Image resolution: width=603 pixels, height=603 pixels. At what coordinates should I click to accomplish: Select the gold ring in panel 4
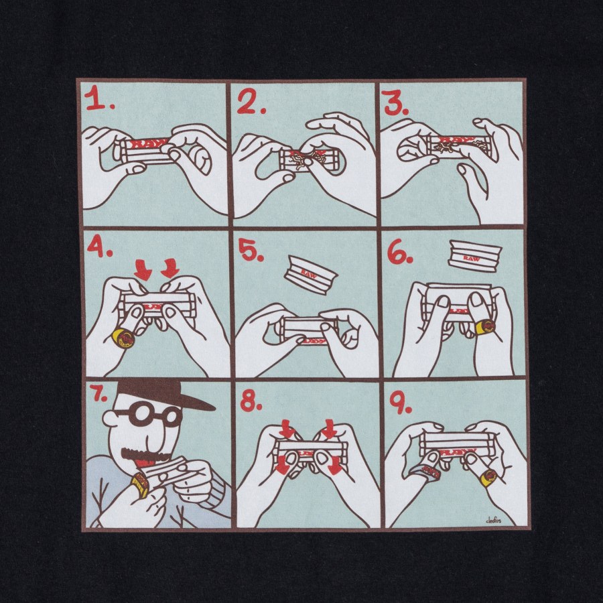[122, 338]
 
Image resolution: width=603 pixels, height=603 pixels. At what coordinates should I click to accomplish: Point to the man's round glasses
[147, 415]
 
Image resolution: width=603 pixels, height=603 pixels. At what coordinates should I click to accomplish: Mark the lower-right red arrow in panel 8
[333, 467]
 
